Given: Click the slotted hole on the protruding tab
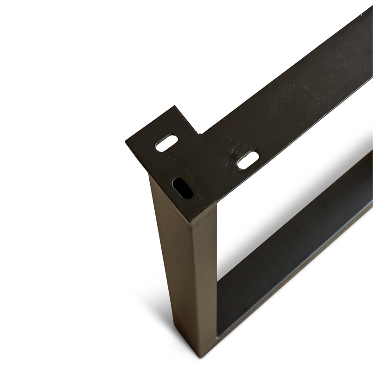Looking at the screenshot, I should coord(166,143).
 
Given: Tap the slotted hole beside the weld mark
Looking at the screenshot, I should coord(248,160).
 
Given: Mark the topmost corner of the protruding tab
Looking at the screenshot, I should coord(175,106).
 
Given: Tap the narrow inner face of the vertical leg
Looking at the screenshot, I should coord(205,280).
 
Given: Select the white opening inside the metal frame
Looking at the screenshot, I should coord(280,196).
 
